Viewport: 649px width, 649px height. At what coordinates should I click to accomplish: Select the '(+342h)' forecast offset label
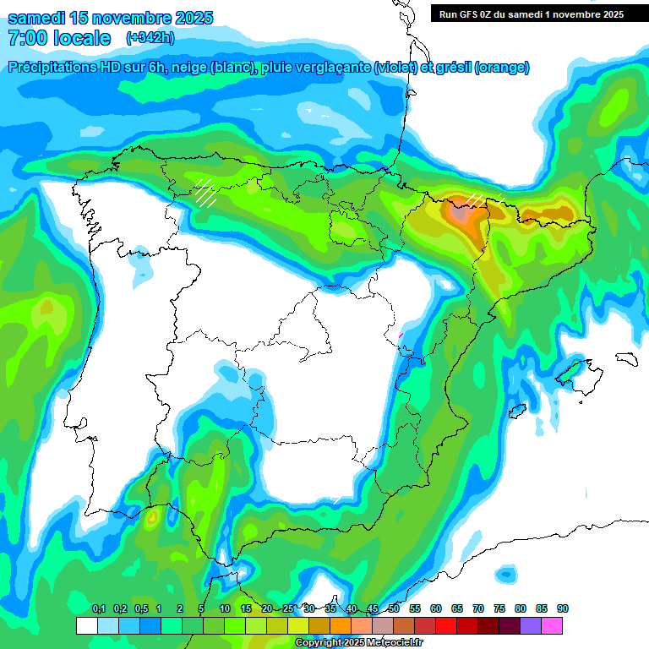[150, 38]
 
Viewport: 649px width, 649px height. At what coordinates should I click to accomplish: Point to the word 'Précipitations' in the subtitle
[52, 68]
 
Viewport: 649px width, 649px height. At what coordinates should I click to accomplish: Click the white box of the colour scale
[86, 625]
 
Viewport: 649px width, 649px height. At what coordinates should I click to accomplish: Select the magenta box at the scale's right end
[552, 625]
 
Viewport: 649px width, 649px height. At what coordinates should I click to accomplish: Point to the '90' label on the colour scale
[563, 609]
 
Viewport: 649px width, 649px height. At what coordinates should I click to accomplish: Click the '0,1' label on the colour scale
[98, 609]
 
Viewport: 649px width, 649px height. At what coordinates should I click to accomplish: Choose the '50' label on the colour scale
[394, 609]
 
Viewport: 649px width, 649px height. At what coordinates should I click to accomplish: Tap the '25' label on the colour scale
[288, 609]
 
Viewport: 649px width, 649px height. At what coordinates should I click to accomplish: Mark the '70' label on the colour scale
[478, 609]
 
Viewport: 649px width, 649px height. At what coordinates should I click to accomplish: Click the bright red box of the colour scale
[446, 625]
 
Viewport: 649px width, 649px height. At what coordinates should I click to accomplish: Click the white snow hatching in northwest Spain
[205, 193]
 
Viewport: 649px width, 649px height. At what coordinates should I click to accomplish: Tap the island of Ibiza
[514, 411]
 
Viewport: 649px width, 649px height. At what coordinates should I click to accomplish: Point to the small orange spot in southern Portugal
[152, 516]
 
